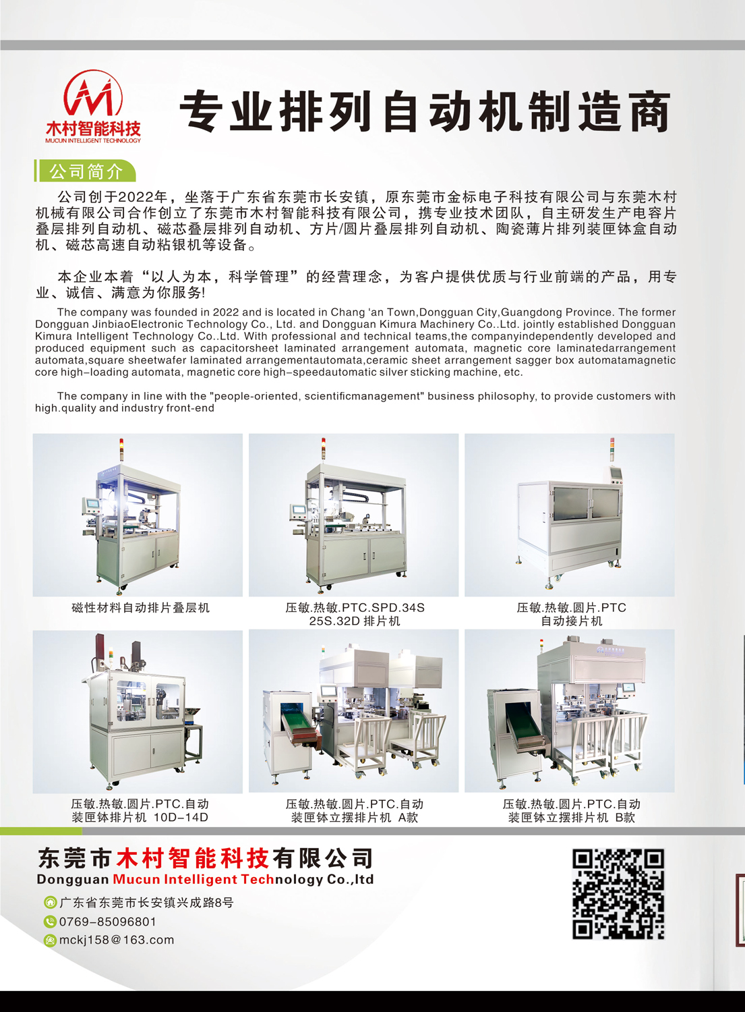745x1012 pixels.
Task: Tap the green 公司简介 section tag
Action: [86, 171]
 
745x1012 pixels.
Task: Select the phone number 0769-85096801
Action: [107, 922]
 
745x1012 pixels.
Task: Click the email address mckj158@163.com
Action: [117, 940]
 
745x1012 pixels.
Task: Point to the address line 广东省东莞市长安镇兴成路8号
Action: [146, 903]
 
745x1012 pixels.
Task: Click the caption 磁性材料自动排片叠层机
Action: [140, 608]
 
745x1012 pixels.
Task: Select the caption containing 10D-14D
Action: [140, 810]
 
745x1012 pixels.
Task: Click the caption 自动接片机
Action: [572, 621]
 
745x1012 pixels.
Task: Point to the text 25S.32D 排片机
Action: [355, 621]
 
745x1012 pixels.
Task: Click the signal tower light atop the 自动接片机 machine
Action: [612, 449]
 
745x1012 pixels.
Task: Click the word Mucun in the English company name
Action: [136, 879]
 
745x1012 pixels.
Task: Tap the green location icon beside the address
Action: [50, 903]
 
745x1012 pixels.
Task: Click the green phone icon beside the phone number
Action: [50, 922]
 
